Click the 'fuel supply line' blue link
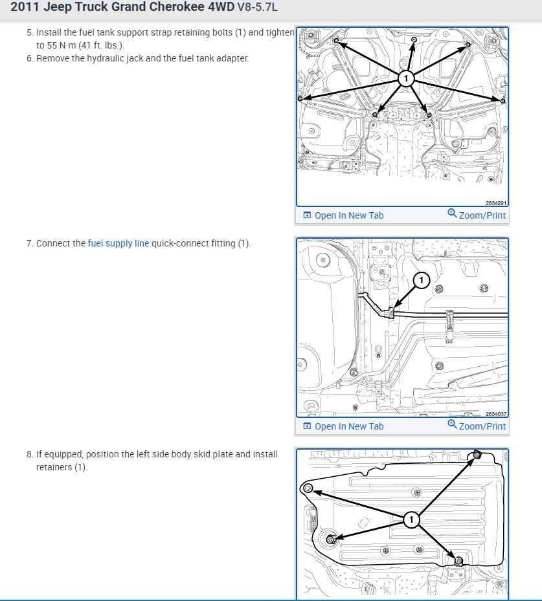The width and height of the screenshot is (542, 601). coord(118,243)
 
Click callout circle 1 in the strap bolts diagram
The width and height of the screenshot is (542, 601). coord(405,78)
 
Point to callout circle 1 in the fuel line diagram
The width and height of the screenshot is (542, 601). coord(422,280)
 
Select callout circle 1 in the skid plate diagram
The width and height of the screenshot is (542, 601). coord(411,519)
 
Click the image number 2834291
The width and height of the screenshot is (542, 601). coord(495,203)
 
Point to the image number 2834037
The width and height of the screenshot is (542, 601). coord(495,414)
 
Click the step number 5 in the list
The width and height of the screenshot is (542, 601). coord(29,32)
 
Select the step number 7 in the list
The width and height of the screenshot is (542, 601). coord(29,243)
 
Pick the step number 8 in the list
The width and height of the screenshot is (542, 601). coord(29,454)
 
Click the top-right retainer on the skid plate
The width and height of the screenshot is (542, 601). coord(477,455)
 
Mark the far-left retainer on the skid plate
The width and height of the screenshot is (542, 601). coord(308,488)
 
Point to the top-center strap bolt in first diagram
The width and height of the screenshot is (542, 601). coord(414,39)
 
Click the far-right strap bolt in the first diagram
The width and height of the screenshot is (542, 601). coord(502,100)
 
